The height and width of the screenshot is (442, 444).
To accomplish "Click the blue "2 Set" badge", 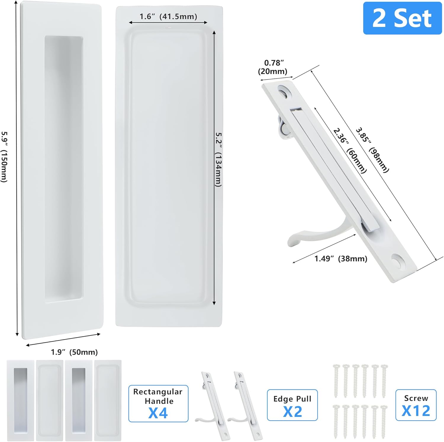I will (402, 18).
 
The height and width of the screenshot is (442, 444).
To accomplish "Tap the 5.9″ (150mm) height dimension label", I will (4, 157).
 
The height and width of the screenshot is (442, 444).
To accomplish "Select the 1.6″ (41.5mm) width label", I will (168, 17).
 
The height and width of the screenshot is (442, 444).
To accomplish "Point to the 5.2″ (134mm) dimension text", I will (218, 160).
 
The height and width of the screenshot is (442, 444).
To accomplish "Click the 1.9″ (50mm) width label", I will (74, 352).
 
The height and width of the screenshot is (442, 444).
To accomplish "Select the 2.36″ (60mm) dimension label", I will (350, 150).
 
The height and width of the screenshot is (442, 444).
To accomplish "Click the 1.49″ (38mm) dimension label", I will (340, 259).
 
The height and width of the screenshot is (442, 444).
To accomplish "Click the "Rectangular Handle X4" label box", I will (158, 403).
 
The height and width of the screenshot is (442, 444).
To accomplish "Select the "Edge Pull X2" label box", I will (292, 405).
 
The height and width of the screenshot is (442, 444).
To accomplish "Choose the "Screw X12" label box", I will (416, 405).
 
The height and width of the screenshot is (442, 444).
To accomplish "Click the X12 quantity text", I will (416, 411).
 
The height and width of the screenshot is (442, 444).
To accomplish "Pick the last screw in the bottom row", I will (384, 421).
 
